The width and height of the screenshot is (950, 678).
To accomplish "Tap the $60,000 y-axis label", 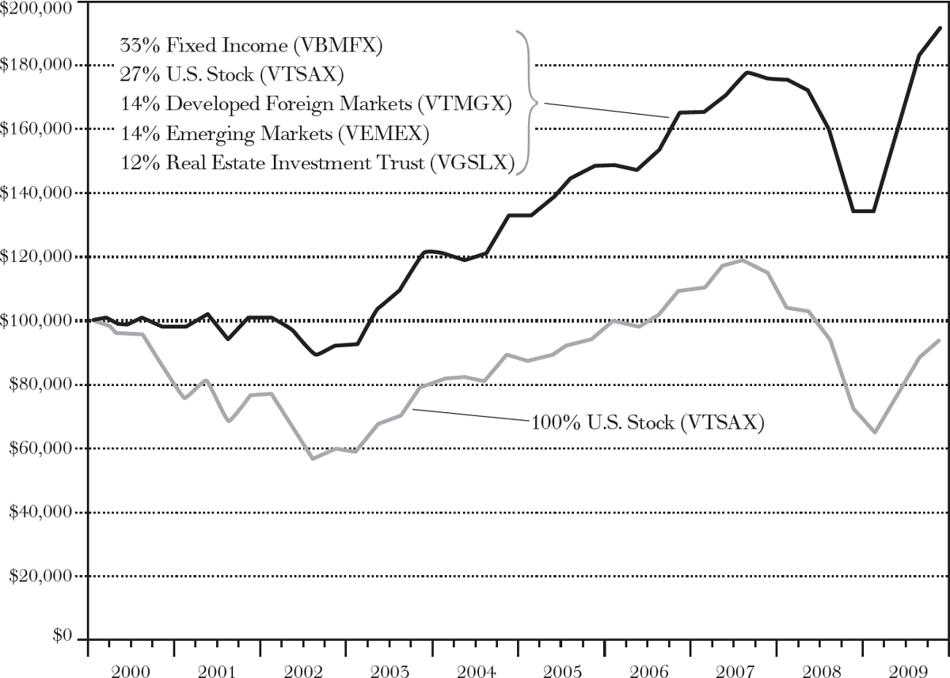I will pyautogui.click(x=40, y=449).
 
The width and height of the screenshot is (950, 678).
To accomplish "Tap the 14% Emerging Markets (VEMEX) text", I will pyautogui.click(x=274, y=134).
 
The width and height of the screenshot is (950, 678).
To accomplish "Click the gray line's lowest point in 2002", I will pyautogui.click(x=313, y=459).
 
